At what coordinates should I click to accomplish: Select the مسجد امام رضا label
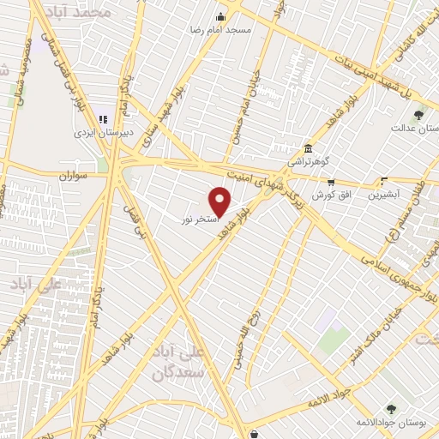coord(221,29)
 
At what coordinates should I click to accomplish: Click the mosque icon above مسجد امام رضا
coord(221,16)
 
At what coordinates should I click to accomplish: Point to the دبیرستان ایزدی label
coord(94,133)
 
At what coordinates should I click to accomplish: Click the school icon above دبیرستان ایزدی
coord(103,119)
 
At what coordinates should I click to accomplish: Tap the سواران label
coord(75,174)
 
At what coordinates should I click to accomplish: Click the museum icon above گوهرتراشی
coord(308,147)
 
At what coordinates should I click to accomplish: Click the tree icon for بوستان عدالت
coord(418,115)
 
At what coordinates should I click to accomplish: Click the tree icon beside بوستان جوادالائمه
coord(392,410)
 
